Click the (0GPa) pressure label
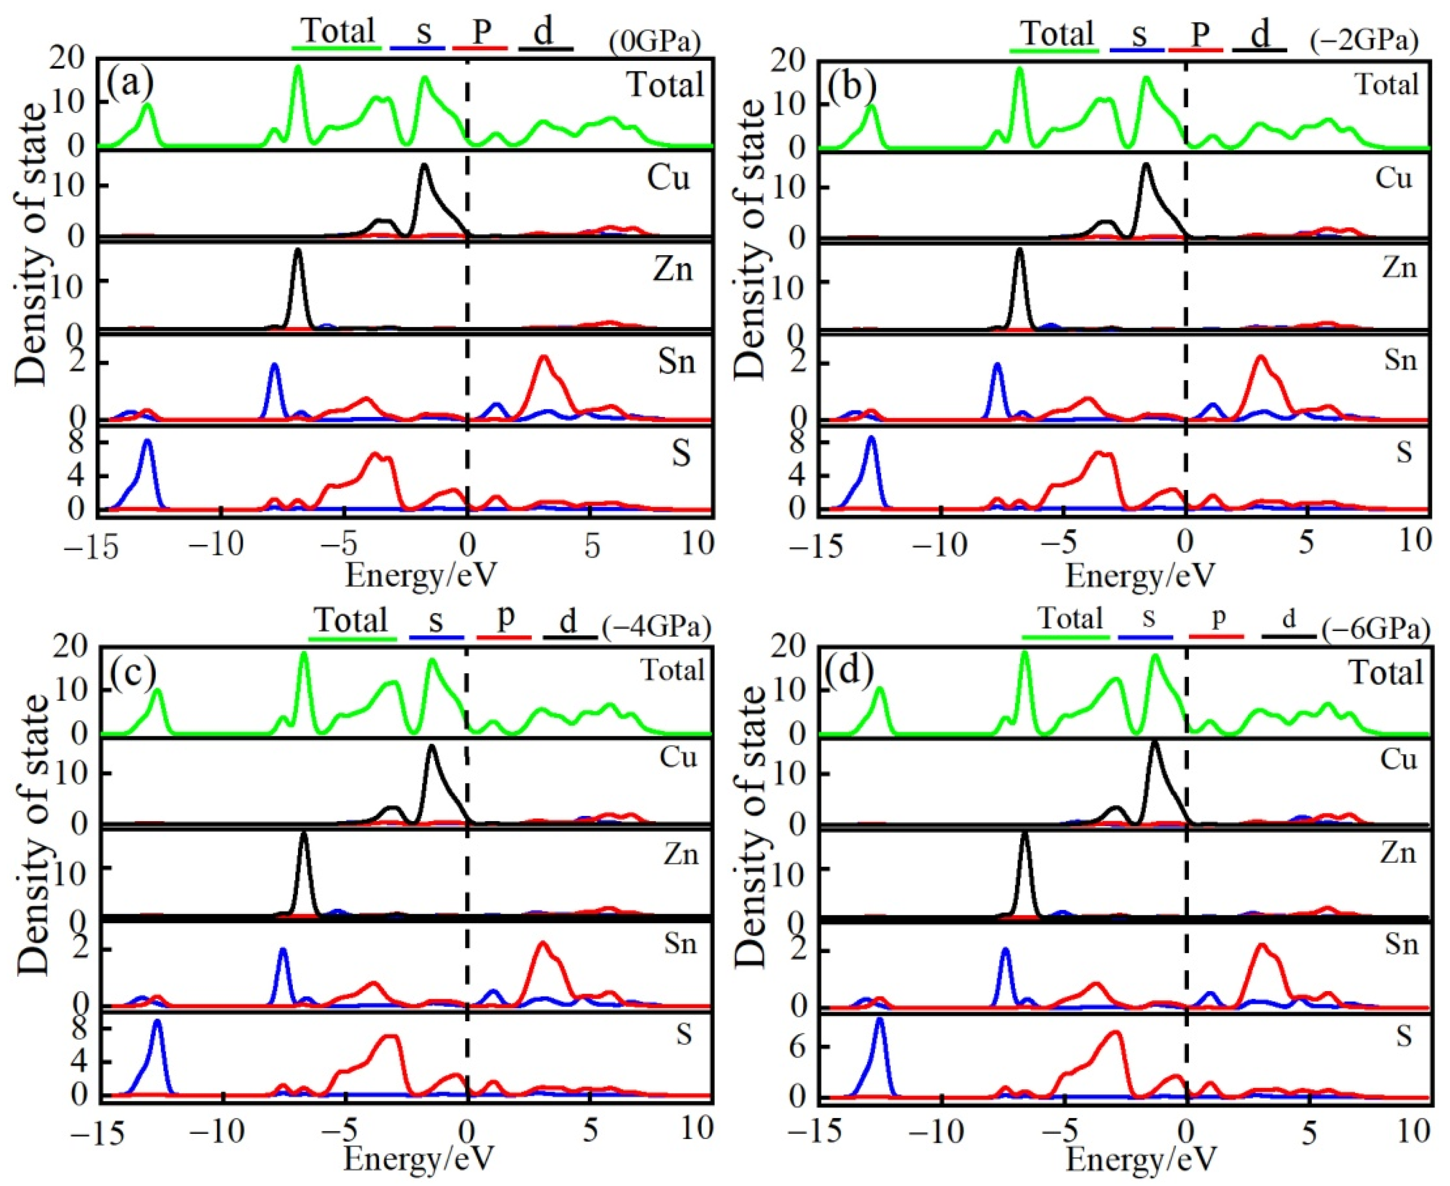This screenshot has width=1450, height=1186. (x=655, y=42)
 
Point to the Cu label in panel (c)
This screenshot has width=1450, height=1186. (x=678, y=757)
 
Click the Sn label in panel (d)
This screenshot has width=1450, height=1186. (x=1401, y=944)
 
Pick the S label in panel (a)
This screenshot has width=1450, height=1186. (x=681, y=453)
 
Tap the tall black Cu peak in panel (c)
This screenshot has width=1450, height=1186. (x=431, y=747)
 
